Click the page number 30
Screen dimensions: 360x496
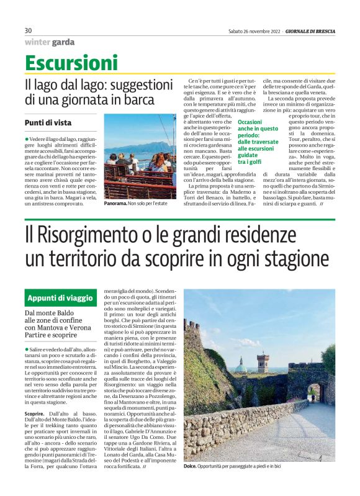28,30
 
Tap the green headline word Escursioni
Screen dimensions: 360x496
71,63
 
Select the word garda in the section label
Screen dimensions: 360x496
63,42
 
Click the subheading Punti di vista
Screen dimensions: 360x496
49,122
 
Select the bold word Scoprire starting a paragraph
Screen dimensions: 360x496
35,413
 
